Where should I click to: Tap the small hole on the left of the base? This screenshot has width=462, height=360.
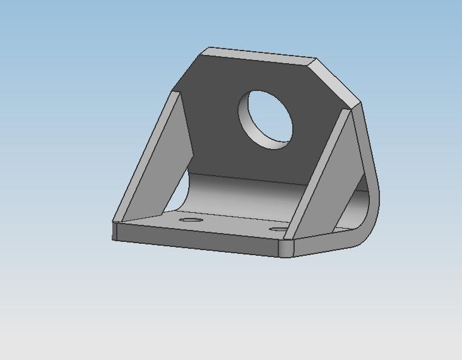(189, 220)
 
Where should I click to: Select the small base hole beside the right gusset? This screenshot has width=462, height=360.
(278, 229)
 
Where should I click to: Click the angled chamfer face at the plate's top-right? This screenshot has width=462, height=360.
(338, 81)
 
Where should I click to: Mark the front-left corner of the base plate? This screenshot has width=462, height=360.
(114, 231)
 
